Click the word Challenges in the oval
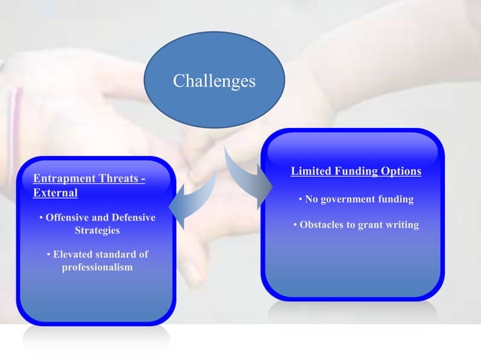(x=214, y=80)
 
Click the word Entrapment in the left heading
(x=63, y=178)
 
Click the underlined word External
(x=55, y=193)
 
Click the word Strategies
(x=97, y=230)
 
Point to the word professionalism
(x=97, y=267)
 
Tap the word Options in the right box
(x=401, y=171)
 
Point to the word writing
(x=403, y=224)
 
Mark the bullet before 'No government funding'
(x=300, y=200)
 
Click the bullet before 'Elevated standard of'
(x=48, y=255)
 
